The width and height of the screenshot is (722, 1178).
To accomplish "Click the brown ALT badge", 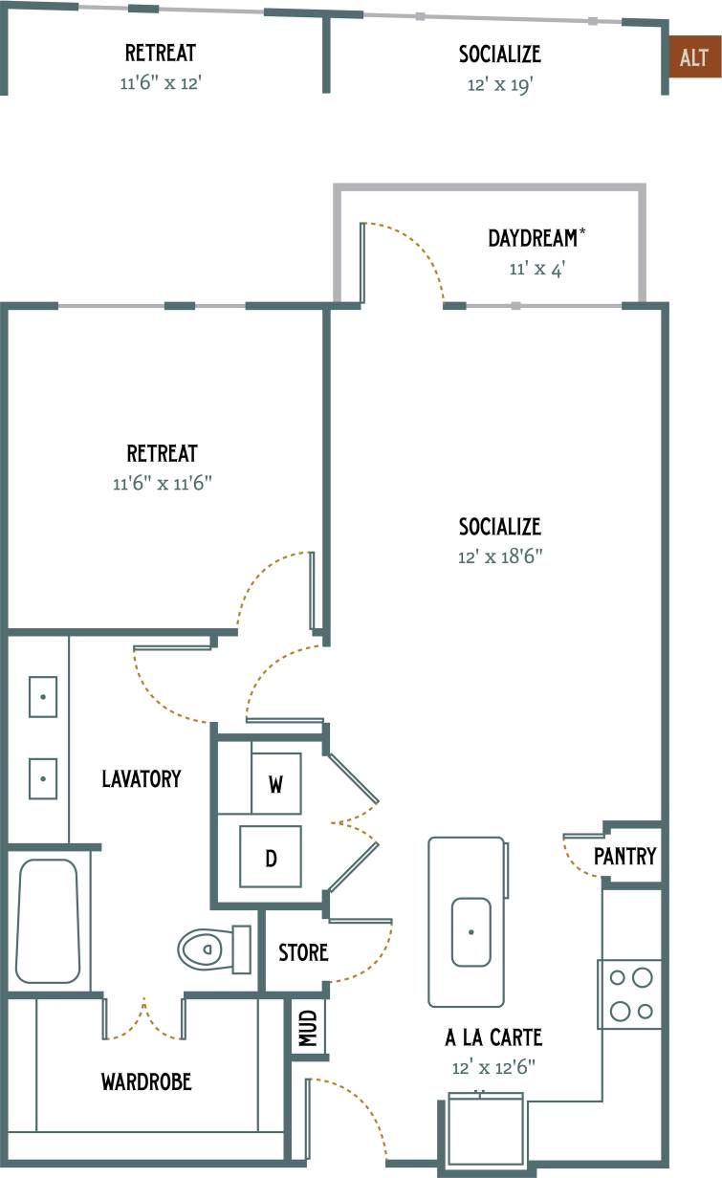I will [694, 58].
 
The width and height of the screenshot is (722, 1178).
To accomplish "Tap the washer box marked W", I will [275, 784].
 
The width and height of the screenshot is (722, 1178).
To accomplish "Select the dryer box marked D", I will [271, 857].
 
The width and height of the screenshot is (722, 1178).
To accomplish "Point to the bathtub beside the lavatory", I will [47, 921].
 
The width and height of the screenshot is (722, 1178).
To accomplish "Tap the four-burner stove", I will [630, 994].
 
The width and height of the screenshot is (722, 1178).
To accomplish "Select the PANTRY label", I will [624, 856].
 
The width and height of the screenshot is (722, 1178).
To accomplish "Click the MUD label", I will [309, 1029].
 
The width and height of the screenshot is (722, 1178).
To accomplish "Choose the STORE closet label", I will [303, 952].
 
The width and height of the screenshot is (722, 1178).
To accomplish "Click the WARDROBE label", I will [146, 1081].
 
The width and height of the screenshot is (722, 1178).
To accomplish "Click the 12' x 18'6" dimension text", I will [499, 556].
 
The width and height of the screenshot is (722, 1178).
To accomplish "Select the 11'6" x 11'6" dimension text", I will [162, 484].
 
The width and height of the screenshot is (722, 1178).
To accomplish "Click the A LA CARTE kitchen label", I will [493, 1037].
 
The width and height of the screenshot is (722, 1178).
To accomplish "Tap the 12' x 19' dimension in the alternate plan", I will [499, 84].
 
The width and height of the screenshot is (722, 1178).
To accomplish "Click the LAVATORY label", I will [142, 778].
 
